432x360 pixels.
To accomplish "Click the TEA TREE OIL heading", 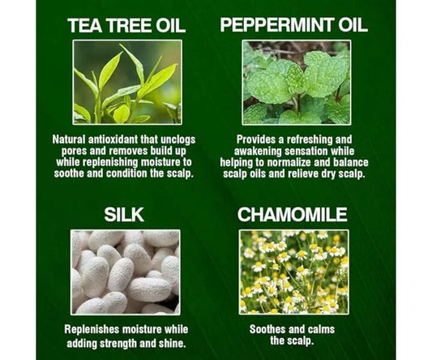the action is [126, 26].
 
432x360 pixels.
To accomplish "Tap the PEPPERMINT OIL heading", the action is [293, 25].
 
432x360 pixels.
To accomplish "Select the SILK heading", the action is [124, 215].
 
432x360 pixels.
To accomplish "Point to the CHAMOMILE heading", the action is [293, 214].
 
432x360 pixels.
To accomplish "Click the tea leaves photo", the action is [127, 82].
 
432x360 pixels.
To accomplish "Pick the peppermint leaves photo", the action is [297, 83].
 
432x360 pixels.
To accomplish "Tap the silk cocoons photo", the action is [126, 272].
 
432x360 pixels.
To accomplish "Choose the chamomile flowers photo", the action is [294, 272].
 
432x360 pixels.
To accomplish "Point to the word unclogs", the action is [178, 140].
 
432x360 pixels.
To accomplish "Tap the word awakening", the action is [258, 152].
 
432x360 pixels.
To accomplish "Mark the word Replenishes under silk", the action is [92, 330].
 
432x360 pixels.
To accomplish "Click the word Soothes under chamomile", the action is [267, 329].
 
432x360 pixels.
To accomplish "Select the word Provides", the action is [257, 139].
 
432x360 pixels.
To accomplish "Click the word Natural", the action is [69, 139].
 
